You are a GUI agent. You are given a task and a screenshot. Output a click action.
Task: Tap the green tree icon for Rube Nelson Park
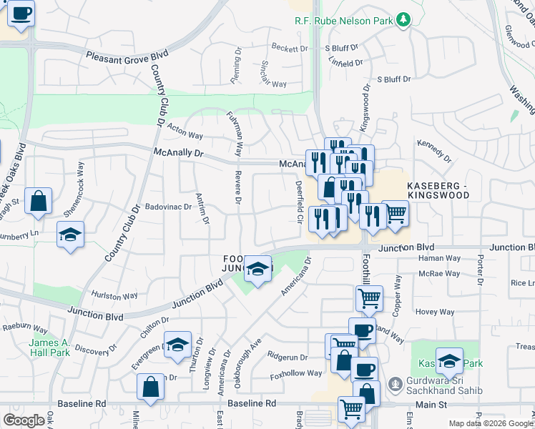point(404,19)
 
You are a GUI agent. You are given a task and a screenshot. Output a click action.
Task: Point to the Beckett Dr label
point(289,48)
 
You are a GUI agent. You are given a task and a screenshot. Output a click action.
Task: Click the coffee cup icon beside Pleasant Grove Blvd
point(21,13)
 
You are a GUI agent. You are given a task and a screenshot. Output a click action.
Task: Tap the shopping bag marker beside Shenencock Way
point(39,201)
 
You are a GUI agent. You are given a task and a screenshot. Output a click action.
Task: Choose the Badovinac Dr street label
point(168,207)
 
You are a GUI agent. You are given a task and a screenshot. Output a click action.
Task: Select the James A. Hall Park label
point(49,347)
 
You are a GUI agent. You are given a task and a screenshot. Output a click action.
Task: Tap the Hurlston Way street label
point(114,295)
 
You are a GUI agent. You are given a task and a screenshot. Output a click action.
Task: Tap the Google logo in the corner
point(24,420)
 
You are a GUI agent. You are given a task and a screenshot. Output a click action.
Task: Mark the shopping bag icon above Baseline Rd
point(151,388)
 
